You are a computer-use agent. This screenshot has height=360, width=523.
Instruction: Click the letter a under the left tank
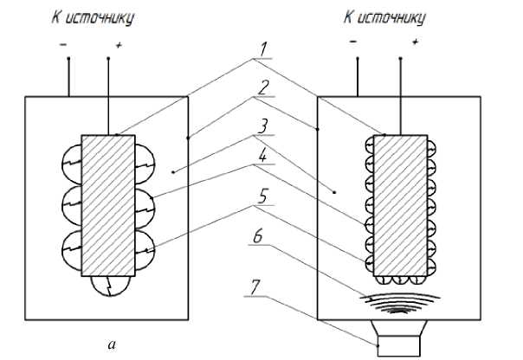coord(110,345)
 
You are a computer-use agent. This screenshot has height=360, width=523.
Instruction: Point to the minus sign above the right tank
coord(354,41)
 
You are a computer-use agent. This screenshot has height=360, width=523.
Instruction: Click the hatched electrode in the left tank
coord(107,206)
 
